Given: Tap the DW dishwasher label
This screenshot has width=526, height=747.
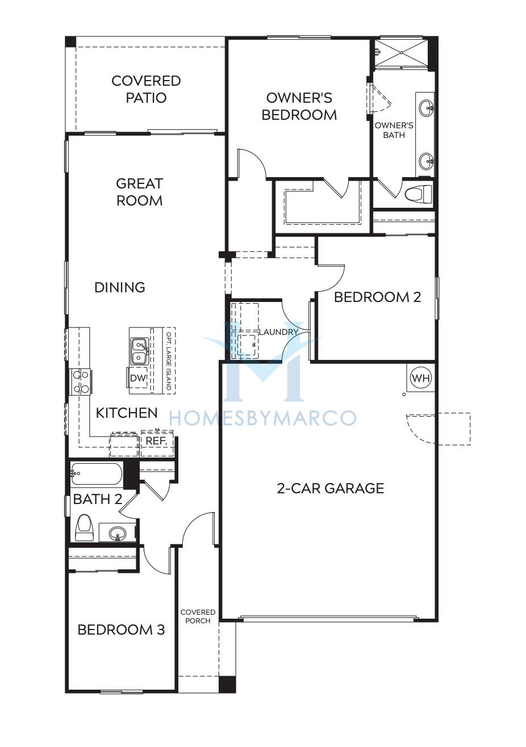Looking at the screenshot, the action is (138, 378).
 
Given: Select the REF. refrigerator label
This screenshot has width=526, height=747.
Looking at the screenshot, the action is (157, 440).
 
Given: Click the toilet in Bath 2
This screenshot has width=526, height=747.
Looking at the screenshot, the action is (84, 527).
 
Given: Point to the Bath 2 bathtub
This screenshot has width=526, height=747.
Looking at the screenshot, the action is (96, 474).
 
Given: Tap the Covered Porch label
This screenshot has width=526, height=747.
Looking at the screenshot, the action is (198, 616).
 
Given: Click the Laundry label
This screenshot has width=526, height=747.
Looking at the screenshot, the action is (278, 332).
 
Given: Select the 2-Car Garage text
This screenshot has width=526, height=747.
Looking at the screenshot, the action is (331, 488).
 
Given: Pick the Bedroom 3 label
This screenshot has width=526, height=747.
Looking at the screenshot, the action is (121, 630).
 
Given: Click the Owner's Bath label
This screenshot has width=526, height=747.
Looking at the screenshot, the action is (394, 130).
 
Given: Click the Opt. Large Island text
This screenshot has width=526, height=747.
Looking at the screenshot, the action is (169, 360).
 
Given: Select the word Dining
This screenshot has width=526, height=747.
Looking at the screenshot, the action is (120, 287).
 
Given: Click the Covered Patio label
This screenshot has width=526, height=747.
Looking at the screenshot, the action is (146, 89).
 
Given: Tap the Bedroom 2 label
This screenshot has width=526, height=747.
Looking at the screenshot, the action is (378, 297).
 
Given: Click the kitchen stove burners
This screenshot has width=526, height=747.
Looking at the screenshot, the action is (81, 382).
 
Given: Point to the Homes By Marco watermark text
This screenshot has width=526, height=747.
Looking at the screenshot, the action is (262, 418).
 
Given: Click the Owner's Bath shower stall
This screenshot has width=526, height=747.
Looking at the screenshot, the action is (400, 53).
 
